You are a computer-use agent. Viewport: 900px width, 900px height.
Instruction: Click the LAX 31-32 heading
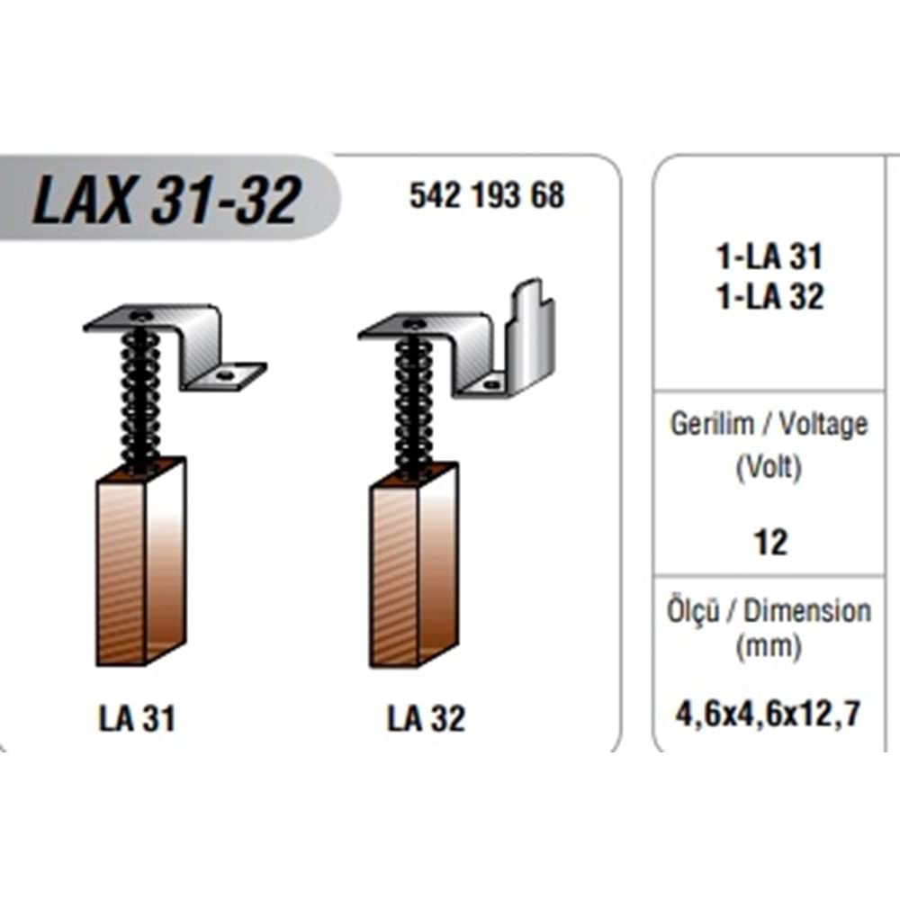[x=166, y=199]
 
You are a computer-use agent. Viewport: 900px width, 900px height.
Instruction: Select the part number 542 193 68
[x=487, y=195]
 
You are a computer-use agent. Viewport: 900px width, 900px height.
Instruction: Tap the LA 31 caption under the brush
[x=137, y=718]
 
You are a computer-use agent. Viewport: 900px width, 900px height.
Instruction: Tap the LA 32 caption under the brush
[x=426, y=718]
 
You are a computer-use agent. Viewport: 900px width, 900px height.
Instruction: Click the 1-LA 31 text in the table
[x=769, y=256]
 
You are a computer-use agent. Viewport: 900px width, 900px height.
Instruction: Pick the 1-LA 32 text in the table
[x=769, y=297]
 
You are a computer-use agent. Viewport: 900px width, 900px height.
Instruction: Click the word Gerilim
[x=712, y=424]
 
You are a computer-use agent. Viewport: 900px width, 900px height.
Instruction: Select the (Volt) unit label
[x=769, y=468]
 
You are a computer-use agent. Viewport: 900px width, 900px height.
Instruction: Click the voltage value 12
[x=769, y=543]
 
